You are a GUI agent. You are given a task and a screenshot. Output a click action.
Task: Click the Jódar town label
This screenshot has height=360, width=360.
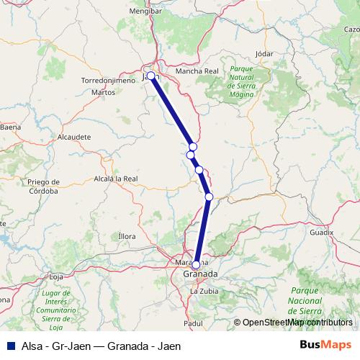coord(266,54)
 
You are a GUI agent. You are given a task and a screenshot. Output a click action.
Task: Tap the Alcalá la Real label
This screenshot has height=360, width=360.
coord(116,178)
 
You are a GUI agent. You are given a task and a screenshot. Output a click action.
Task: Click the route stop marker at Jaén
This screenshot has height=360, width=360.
coord(150,76)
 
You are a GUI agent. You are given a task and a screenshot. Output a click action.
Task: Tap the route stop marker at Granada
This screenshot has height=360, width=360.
coord(196,264)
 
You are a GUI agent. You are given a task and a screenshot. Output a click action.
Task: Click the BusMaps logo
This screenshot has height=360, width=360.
coord(325,345)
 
